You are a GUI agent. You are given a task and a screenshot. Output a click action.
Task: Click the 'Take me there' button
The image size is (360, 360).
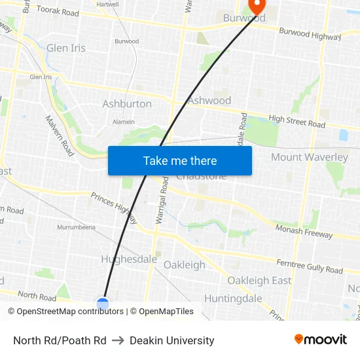click(180, 161)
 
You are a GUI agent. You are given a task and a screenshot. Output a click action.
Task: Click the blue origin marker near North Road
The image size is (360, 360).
click(103, 304)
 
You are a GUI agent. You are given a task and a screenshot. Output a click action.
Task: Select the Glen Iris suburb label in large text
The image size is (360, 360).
click(66, 48)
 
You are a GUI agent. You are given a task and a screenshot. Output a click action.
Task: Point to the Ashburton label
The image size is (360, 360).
click(127, 103)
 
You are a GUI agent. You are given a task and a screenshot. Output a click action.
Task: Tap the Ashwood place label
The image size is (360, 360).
click(209, 100)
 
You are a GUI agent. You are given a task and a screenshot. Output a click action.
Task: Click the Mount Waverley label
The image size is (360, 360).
click(309, 157)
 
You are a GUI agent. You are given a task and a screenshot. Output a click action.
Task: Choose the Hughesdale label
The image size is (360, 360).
click(129, 259)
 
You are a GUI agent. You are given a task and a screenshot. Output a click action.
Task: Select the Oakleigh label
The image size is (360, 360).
click(184, 265)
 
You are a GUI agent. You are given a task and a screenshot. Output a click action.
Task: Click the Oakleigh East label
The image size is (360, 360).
click(259, 280)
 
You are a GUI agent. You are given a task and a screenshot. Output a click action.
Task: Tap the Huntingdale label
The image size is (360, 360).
click(233, 298)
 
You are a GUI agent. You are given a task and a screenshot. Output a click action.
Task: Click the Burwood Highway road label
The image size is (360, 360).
click(310, 34)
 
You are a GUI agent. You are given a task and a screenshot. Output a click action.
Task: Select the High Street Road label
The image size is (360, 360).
click(297, 121)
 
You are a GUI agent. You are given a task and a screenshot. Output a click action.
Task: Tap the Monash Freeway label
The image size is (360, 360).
click(304, 231)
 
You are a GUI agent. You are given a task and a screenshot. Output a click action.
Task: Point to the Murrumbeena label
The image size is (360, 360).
click(76, 227)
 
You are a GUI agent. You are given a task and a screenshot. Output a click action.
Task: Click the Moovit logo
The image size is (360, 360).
click(321, 340)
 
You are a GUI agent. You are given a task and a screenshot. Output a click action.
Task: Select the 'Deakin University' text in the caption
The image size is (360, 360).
click(172, 340)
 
